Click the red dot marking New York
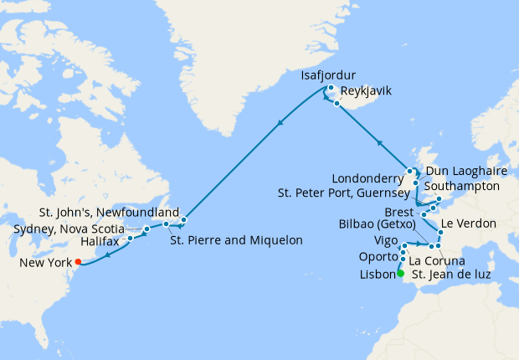78,262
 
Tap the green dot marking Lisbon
400,274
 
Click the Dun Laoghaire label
463,170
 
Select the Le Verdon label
467,224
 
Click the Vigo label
385,242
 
